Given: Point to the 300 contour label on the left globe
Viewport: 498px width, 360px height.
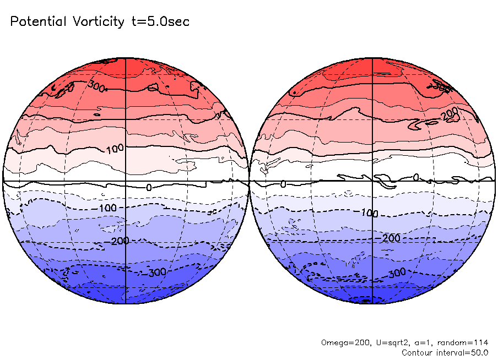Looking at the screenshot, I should [97, 86].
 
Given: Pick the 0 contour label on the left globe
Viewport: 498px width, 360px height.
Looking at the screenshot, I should [148, 188].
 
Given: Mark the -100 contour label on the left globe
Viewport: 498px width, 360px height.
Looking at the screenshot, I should [105, 208].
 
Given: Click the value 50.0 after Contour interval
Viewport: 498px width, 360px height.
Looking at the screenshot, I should [478, 352].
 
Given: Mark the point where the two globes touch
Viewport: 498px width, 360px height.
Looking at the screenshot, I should [250, 181].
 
